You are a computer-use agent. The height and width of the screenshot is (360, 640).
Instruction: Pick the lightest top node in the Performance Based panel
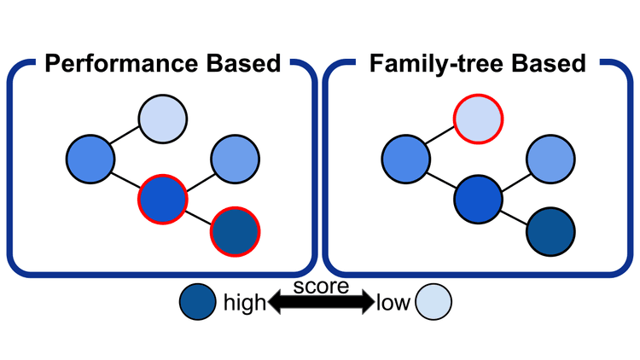[x=162, y=121]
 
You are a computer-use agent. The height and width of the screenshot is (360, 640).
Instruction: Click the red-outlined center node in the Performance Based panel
[x=162, y=198]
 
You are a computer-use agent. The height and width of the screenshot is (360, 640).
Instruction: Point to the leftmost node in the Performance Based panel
[x=90, y=158]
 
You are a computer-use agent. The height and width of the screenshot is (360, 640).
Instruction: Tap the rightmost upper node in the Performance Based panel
[x=234, y=158]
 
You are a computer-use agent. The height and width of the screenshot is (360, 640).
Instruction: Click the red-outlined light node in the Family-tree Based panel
[x=477, y=121]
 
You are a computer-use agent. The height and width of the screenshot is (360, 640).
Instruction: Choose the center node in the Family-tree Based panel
[x=477, y=198]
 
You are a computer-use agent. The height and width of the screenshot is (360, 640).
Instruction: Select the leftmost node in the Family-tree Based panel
[x=405, y=158]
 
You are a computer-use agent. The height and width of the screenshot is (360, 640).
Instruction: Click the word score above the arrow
[x=321, y=287]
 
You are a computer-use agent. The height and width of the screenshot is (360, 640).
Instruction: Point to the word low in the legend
[x=393, y=303]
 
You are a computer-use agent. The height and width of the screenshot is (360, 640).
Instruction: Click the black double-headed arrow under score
[x=321, y=301]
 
